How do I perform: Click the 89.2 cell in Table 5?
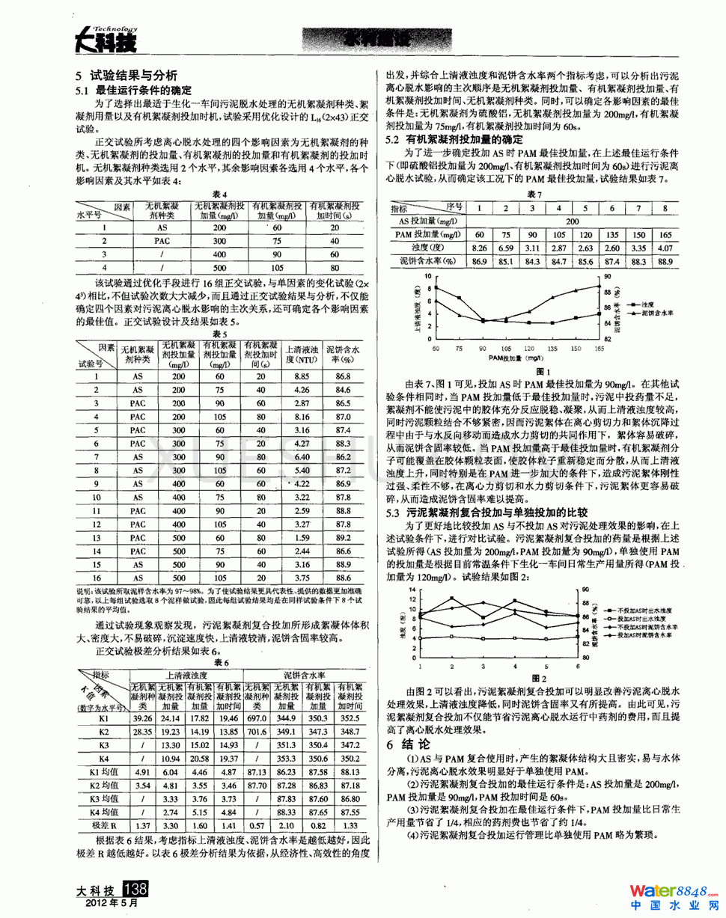coord(344,537)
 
